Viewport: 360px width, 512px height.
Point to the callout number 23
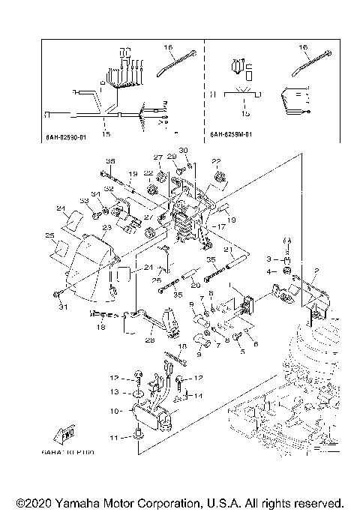[106, 227]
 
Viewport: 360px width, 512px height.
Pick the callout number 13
[115, 391]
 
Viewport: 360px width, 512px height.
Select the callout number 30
[183, 151]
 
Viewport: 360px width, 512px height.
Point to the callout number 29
[172, 157]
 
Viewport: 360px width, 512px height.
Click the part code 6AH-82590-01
[67, 137]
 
